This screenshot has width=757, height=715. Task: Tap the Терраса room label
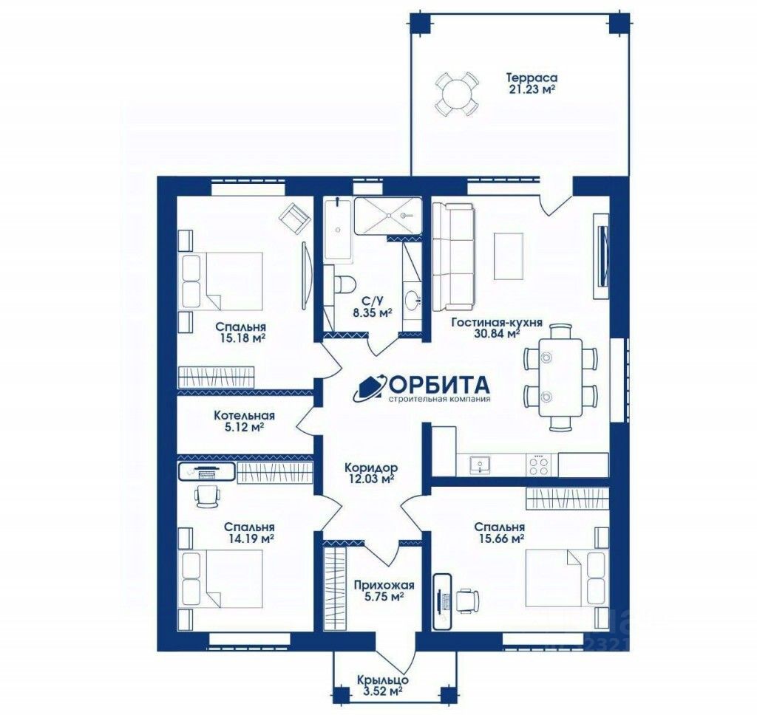pyautogui.click(x=532, y=78)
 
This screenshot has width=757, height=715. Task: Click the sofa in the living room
pyautogui.click(x=453, y=256)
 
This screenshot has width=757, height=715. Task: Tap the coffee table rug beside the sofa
pyautogui.click(x=508, y=256)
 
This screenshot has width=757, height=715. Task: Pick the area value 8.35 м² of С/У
pyautogui.click(x=372, y=312)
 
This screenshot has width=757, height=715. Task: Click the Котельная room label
pyautogui.click(x=245, y=415)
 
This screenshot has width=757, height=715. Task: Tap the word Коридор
pyautogui.click(x=371, y=468)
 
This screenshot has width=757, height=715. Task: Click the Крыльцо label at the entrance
pyautogui.click(x=383, y=680)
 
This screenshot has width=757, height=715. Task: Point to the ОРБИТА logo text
pyautogui.click(x=438, y=385)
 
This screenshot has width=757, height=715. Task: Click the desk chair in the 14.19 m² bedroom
pyautogui.click(x=208, y=496)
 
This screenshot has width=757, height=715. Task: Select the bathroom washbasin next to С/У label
pyautogui.click(x=411, y=300)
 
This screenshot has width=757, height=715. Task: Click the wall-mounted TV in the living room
pyautogui.click(x=602, y=256)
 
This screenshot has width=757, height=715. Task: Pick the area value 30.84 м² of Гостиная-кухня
pyautogui.click(x=498, y=333)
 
